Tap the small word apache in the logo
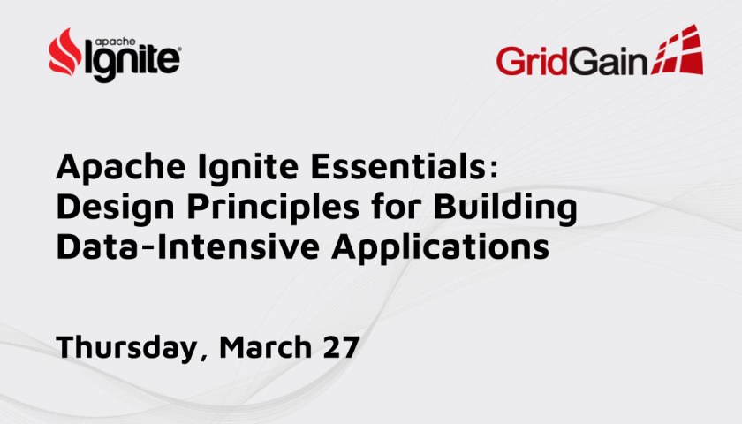point(116,42)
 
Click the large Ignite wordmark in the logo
point(132,61)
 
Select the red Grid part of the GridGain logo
point(532,61)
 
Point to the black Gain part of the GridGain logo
point(608,61)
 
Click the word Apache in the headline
point(121,168)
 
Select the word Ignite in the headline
point(248,168)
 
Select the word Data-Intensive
point(188,246)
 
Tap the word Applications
point(440,248)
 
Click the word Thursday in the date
point(126,348)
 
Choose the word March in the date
point(266,346)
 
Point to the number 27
point(341,347)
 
